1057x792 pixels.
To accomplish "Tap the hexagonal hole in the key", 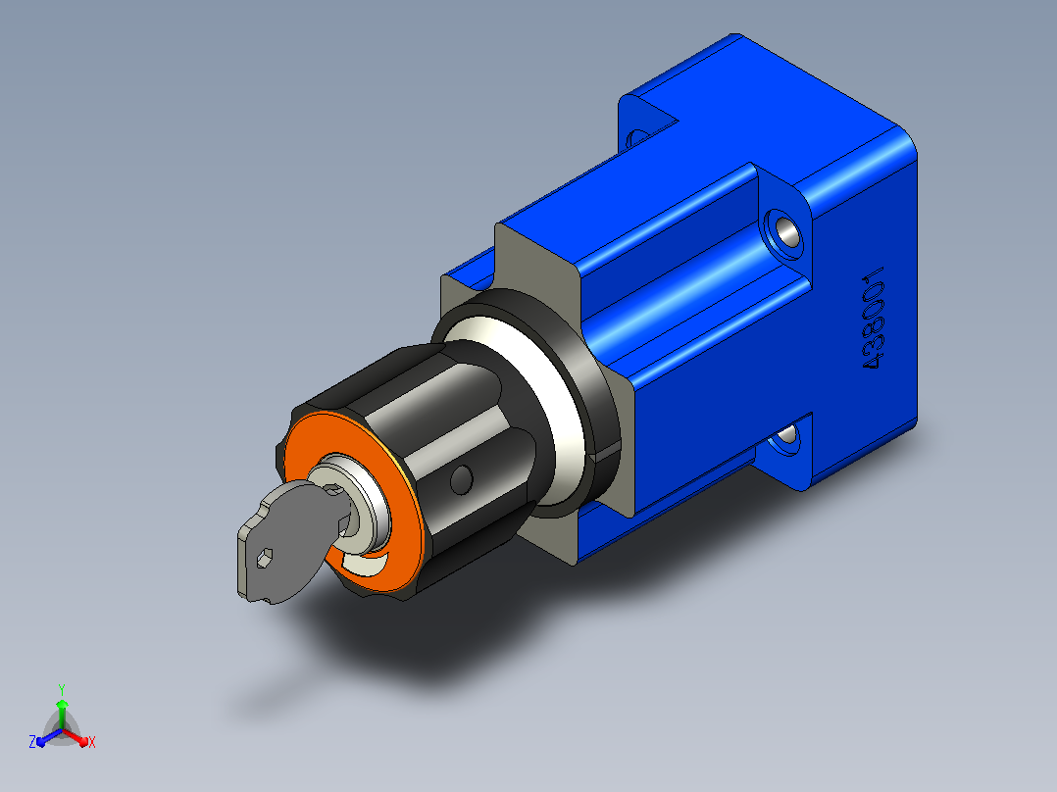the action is coord(265,556).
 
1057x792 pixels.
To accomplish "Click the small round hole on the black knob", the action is coord(461,478).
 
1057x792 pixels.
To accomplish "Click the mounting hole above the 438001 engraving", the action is coord(784,233).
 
